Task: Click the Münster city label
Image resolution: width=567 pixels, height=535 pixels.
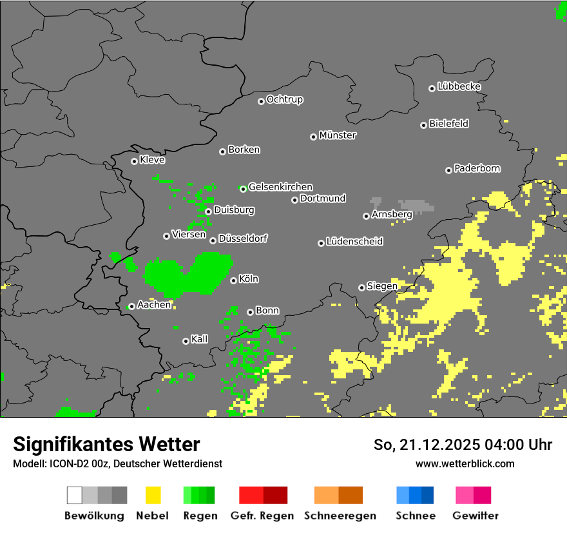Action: pos(338,135)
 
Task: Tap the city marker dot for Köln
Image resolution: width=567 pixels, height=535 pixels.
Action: pos(233,280)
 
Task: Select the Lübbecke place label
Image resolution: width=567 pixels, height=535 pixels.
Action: pos(459,86)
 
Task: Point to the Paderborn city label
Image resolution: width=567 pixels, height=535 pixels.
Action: pos(477,168)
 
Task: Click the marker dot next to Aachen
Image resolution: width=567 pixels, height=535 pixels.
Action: pos(131,306)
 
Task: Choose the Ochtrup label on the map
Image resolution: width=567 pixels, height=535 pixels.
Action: pos(284,99)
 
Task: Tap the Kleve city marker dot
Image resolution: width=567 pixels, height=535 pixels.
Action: pos(134,161)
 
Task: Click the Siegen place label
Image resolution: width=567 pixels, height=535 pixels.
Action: pos(382,286)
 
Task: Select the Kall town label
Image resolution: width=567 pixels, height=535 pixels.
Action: pos(199,339)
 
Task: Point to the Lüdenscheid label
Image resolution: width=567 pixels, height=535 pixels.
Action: pos(354,241)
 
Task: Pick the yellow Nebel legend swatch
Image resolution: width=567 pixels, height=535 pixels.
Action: pos(153,495)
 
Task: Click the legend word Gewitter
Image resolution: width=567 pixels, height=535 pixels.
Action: pos(476,516)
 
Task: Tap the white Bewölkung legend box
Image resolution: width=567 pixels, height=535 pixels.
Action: pos(75,495)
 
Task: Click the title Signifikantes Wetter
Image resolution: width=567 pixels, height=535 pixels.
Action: pos(106,444)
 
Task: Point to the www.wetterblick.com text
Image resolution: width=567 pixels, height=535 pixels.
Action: pos(465,463)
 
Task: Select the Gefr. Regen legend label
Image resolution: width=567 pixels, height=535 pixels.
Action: pos(262,516)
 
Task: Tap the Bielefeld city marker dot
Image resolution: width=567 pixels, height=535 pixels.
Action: pos(423,125)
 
